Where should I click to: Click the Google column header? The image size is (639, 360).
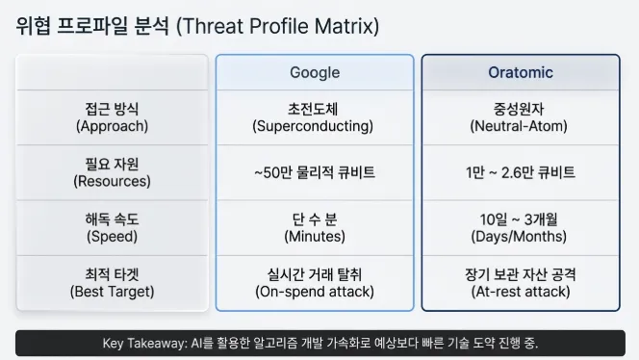[x=315, y=72]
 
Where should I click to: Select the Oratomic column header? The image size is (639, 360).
[x=521, y=72]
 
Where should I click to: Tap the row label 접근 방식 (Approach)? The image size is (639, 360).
[x=113, y=117]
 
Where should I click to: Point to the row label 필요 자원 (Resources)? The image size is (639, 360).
[x=113, y=172]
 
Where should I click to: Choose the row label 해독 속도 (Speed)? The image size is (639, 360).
[x=113, y=227]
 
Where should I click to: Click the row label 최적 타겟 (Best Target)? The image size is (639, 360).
[x=113, y=282]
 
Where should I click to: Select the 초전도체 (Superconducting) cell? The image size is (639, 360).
[x=315, y=117]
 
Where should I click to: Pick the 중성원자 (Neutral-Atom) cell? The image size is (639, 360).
[x=521, y=117]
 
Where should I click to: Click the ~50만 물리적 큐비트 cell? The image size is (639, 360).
[x=315, y=172]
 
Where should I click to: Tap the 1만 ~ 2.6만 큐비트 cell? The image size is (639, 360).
[x=521, y=172]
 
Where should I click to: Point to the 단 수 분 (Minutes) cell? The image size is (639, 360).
[x=315, y=227]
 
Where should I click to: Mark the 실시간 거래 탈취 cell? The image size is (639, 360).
[x=315, y=273]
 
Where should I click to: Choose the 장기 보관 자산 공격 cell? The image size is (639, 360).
[x=521, y=273]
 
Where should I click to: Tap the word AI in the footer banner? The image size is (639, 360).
[x=196, y=344]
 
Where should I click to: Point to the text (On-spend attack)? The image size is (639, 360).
[x=315, y=291]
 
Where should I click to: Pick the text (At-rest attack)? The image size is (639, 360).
[x=521, y=291]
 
